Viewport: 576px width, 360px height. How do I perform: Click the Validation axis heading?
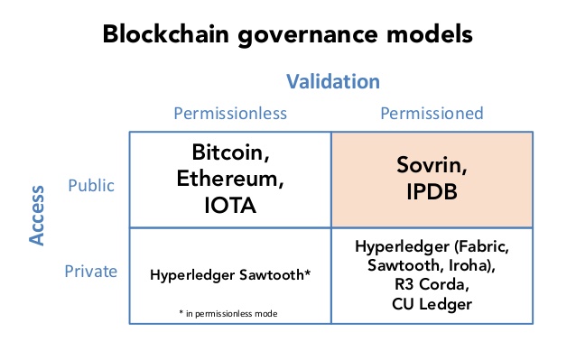tap(333, 82)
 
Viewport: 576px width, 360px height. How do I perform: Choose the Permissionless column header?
tap(230, 114)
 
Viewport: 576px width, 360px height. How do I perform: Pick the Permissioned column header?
tap(432, 114)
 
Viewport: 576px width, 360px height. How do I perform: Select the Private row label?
tap(92, 270)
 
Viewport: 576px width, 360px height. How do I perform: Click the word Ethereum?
tap(230, 179)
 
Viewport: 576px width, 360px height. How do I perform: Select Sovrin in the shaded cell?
tap(432, 165)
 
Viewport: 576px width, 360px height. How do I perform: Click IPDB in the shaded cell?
tap(432, 191)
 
